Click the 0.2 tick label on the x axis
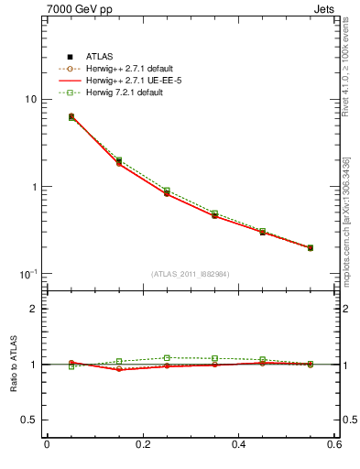142,446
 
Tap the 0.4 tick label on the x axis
239,446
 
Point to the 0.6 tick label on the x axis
333,446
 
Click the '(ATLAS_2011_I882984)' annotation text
191,274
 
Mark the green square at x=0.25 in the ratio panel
167,358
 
